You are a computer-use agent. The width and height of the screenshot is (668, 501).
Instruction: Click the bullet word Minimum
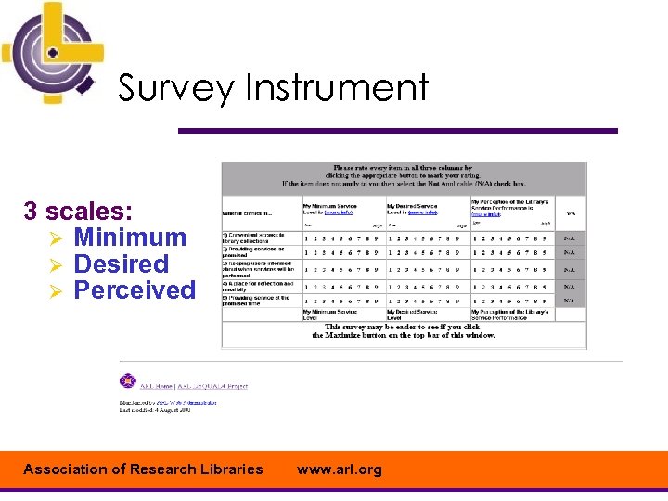point(130,238)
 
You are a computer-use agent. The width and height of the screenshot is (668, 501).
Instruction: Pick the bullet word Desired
point(121,264)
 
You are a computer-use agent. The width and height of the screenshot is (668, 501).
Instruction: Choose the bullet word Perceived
point(135,290)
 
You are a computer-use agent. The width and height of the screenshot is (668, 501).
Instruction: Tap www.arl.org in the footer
point(339,469)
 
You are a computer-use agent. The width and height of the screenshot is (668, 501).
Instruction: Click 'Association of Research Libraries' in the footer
point(143,469)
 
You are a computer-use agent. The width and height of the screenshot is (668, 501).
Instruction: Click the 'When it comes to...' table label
point(244,213)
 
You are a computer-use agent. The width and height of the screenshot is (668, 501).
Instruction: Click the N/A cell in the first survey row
point(570,237)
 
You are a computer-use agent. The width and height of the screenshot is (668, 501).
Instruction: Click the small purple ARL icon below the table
point(128,381)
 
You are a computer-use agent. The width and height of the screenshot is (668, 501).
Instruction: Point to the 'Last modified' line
point(154,409)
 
